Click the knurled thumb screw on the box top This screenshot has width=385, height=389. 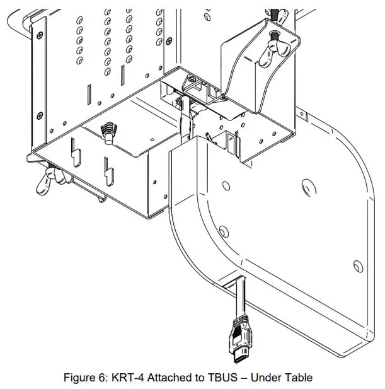tap(108, 133)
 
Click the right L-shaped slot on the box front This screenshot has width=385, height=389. tap(109, 168)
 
